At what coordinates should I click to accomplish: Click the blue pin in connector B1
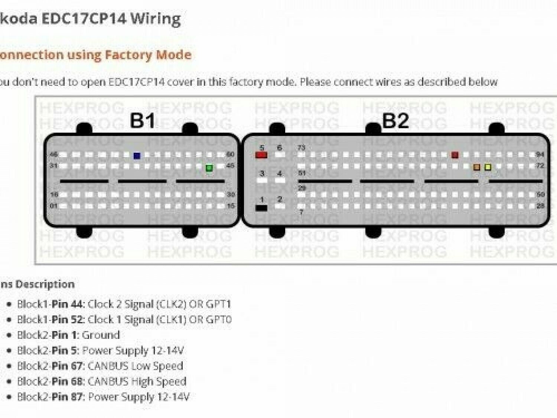click(137, 156)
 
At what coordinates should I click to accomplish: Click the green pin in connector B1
click(209, 168)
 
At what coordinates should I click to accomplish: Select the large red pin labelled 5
click(261, 155)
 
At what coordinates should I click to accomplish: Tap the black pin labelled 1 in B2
click(261, 208)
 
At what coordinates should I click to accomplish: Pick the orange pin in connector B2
click(477, 167)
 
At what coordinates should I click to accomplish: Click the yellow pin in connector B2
click(488, 167)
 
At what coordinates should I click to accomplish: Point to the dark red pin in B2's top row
click(455, 155)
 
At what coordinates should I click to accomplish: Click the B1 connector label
click(143, 120)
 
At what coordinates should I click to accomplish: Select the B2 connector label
click(395, 120)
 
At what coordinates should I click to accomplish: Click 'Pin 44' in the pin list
click(67, 304)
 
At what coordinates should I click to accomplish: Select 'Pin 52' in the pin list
click(67, 320)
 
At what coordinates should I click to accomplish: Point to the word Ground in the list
click(101, 335)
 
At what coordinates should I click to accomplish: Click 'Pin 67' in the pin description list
click(67, 366)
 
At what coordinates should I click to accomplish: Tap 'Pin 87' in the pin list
click(67, 397)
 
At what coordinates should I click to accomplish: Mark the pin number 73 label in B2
click(301, 148)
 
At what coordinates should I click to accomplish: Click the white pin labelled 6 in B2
click(280, 155)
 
